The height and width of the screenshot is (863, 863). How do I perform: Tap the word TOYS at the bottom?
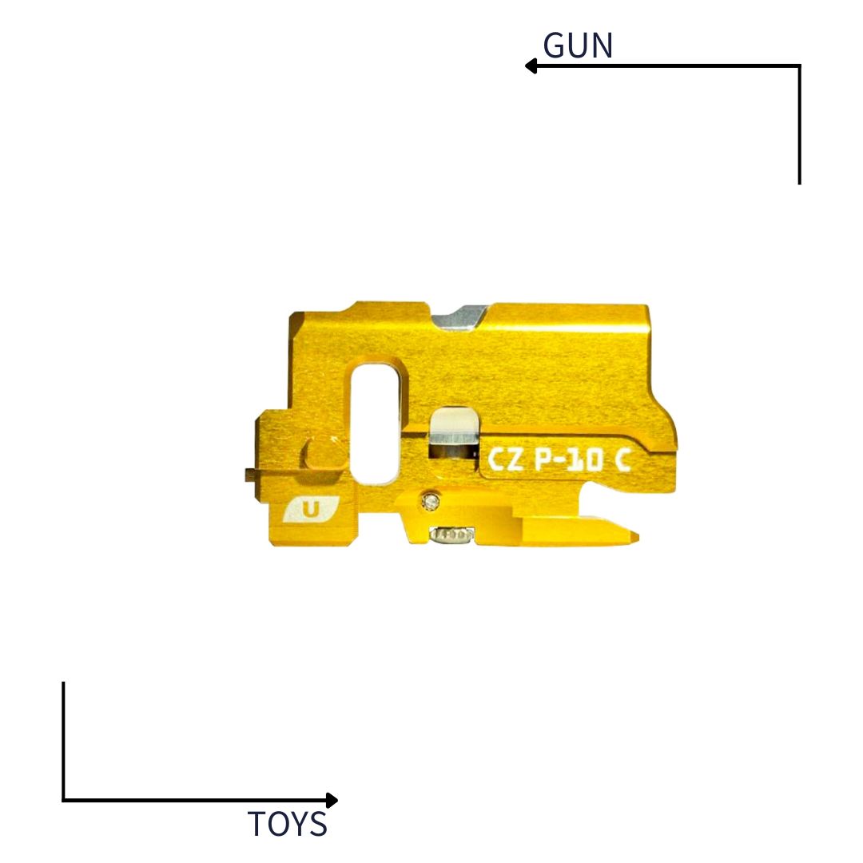[x=287, y=824]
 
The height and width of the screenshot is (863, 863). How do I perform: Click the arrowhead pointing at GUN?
[x=531, y=66]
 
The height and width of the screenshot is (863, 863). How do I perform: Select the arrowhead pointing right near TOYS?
[x=332, y=800]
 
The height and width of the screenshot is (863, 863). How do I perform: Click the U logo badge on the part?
[x=311, y=509]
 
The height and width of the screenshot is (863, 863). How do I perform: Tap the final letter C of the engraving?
[x=622, y=460]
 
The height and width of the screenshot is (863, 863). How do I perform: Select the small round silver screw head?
[x=432, y=501]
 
